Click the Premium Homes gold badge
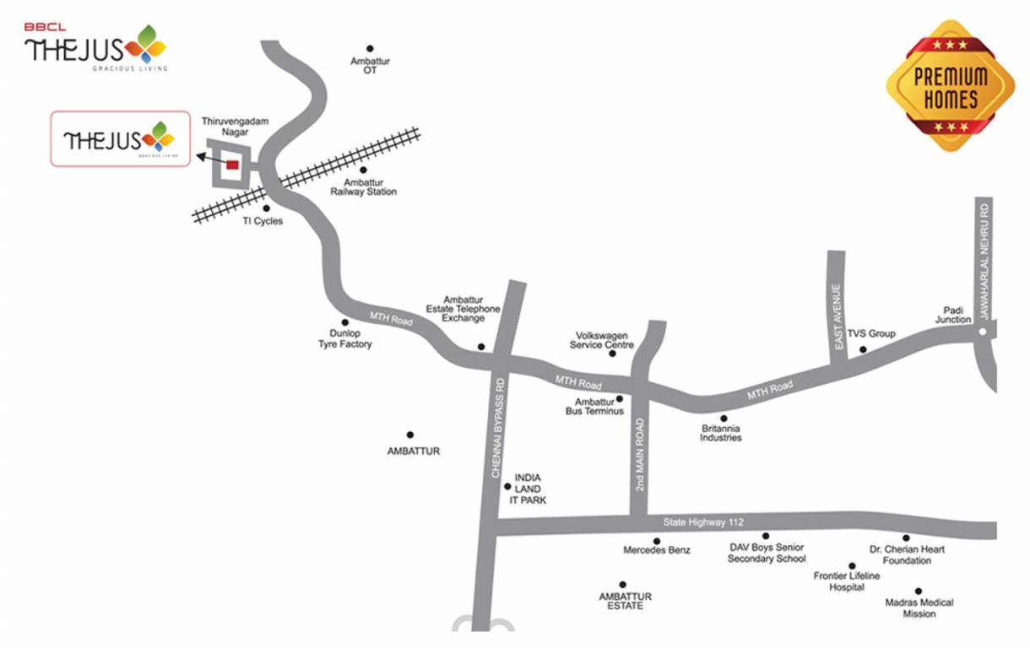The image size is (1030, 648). pyautogui.click(x=950, y=86)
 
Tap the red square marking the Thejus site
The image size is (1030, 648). pyautogui.click(x=232, y=165)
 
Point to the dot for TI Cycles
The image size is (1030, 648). pyautogui.click(x=267, y=208)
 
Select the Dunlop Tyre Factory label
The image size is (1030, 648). pyautogui.click(x=344, y=339)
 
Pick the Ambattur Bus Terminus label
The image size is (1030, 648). pyautogui.click(x=594, y=407)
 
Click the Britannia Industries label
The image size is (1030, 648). pyautogui.click(x=721, y=433)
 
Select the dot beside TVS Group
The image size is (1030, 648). pyautogui.click(x=863, y=349)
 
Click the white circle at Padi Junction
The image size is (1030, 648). pyautogui.click(x=982, y=332)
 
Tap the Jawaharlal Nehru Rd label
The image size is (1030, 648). pyautogui.click(x=984, y=262)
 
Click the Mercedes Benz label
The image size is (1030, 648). pyautogui.click(x=657, y=550)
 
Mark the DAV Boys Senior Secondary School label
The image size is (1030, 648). pyautogui.click(x=767, y=553)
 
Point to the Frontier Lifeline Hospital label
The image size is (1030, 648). pyautogui.click(x=846, y=581)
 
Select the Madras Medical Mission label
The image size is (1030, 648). pyautogui.click(x=919, y=608)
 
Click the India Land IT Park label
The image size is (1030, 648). pyautogui.click(x=528, y=489)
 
